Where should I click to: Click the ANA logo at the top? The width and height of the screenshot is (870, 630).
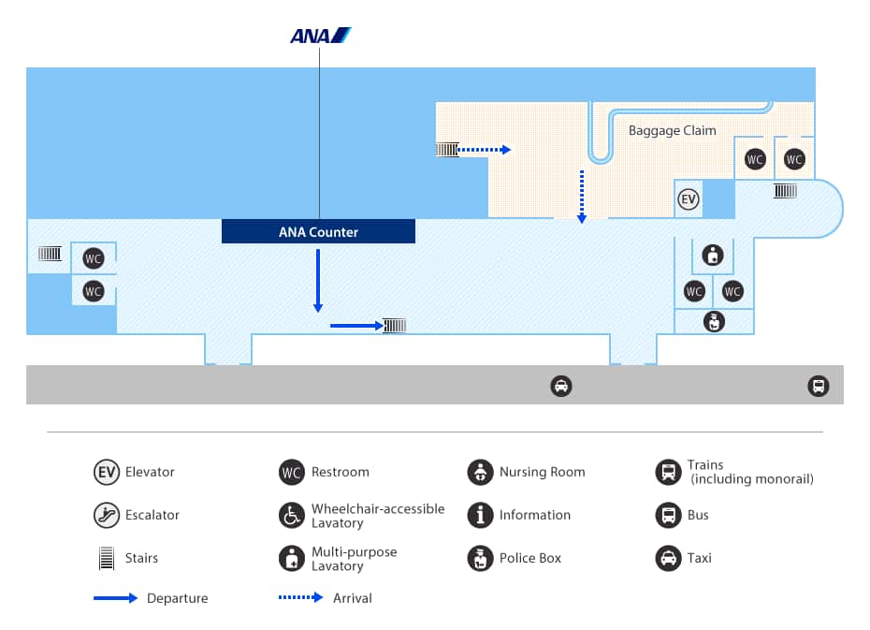(320, 37)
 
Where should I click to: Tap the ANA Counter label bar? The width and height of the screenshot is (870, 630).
(318, 231)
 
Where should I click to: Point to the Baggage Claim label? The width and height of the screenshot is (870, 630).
(672, 131)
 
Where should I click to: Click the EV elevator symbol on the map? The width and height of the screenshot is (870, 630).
(689, 198)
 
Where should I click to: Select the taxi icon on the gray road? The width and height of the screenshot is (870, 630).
(560, 386)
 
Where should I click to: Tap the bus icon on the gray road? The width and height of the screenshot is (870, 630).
(818, 386)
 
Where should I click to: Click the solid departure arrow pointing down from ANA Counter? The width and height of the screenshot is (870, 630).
(318, 280)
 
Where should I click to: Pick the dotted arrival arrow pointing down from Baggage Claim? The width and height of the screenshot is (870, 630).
(582, 197)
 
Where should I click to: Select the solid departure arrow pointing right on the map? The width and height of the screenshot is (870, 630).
(355, 326)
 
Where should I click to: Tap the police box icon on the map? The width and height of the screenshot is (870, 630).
(715, 322)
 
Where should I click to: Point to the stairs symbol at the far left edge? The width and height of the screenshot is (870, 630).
(50, 253)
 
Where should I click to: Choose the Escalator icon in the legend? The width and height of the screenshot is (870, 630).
(107, 515)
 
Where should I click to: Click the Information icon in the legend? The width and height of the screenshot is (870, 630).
(480, 515)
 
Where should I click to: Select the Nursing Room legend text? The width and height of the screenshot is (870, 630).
(542, 472)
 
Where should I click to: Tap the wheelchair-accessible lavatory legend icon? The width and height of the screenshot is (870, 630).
(292, 515)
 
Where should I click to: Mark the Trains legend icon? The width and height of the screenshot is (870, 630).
(668, 472)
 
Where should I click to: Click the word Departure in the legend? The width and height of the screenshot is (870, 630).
(177, 598)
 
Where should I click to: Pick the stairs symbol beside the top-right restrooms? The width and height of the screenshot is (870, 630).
(785, 191)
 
